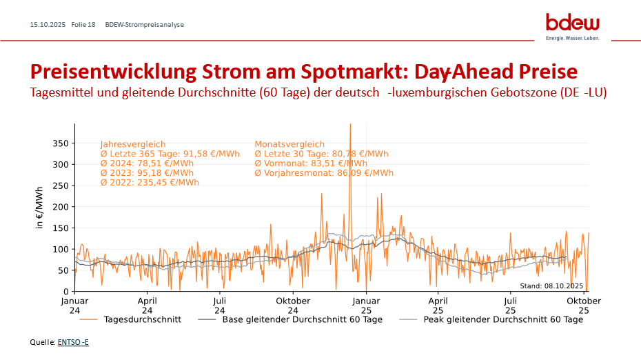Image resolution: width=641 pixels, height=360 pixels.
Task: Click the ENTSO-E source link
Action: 78,342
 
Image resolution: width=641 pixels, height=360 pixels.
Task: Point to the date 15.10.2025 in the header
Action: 48,25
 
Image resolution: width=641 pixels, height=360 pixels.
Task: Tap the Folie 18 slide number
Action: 83,25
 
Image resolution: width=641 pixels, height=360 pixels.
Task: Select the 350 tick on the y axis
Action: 61,143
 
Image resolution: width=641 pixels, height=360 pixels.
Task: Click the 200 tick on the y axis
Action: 61,207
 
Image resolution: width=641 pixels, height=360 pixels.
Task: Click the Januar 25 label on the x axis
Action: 366,306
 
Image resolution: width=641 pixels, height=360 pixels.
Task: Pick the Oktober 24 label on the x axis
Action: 292,306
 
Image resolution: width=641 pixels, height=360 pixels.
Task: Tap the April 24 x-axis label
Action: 147,306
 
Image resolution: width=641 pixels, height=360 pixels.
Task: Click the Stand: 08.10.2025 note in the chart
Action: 551,286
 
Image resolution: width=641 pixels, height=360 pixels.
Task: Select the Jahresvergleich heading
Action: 133,144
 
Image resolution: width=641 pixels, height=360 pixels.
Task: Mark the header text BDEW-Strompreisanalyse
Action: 144,25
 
